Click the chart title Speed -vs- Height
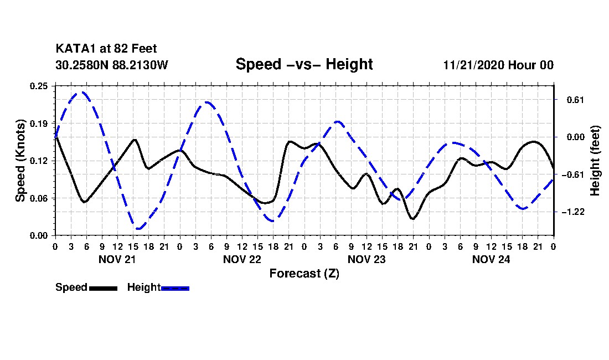[304, 64]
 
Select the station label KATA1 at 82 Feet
[102, 49]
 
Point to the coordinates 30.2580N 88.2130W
[111, 65]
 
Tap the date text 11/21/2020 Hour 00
[498, 65]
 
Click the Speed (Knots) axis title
[20, 160]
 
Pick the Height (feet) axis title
[595, 161]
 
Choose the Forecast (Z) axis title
[304, 273]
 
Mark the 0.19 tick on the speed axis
[40, 122]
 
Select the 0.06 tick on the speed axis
[40, 198]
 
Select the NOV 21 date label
[117, 259]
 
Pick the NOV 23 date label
[367, 259]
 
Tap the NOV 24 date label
[491, 259]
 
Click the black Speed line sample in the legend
[102, 288]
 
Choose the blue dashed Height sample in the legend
[175, 288]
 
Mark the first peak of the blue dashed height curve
[82, 92]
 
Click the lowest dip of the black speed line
[412, 219]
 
